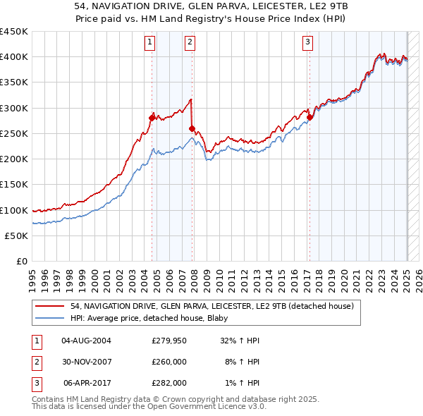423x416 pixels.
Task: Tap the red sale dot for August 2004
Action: tap(152, 118)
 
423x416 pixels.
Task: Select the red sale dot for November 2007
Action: tap(192, 128)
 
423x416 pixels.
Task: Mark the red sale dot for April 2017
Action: tap(309, 117)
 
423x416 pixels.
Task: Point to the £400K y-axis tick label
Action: tap(14, 57)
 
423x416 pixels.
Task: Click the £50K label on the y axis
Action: tap(17, 236)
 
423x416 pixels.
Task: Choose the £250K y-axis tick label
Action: tap(14, 134)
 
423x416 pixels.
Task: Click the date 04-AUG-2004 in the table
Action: tap(87, 341)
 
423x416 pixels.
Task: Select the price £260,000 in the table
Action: tap(169, 362)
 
